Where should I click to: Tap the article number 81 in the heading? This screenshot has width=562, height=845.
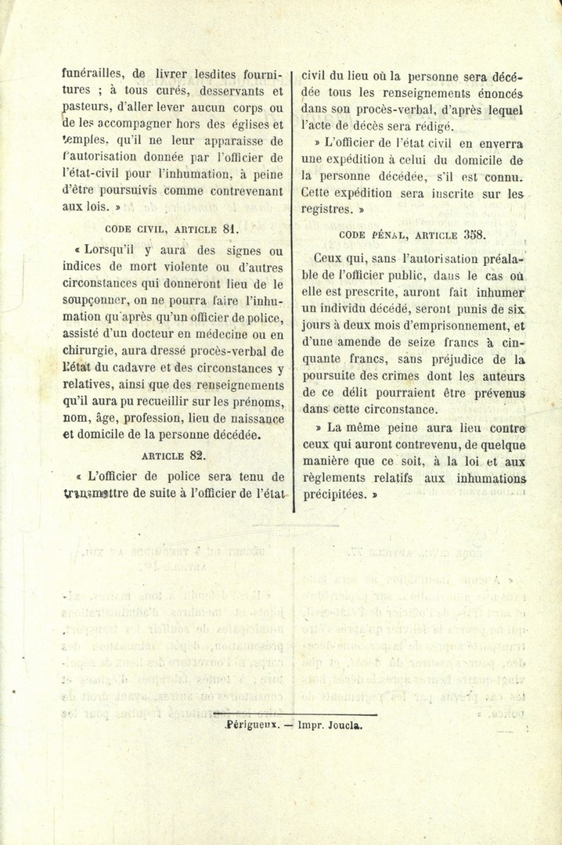pyautogui.click(x=229, y=229)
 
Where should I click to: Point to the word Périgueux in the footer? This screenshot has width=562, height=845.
pyautogui.click(x=248, y=725)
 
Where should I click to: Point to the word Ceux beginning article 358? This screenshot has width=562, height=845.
pyautogui.click(x=330, y=257)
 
